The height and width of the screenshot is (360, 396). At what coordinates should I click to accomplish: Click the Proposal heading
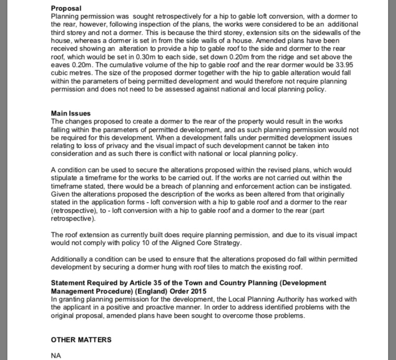(x=66, y=8)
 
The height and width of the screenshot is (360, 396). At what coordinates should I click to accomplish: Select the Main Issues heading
(x=71, y=113)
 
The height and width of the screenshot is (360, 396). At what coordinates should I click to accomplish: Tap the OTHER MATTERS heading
(x=81, y=339)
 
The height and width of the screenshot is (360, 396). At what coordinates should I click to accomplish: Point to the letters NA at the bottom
(x=56, y=356)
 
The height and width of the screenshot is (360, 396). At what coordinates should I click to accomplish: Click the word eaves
(x=61, y=64)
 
